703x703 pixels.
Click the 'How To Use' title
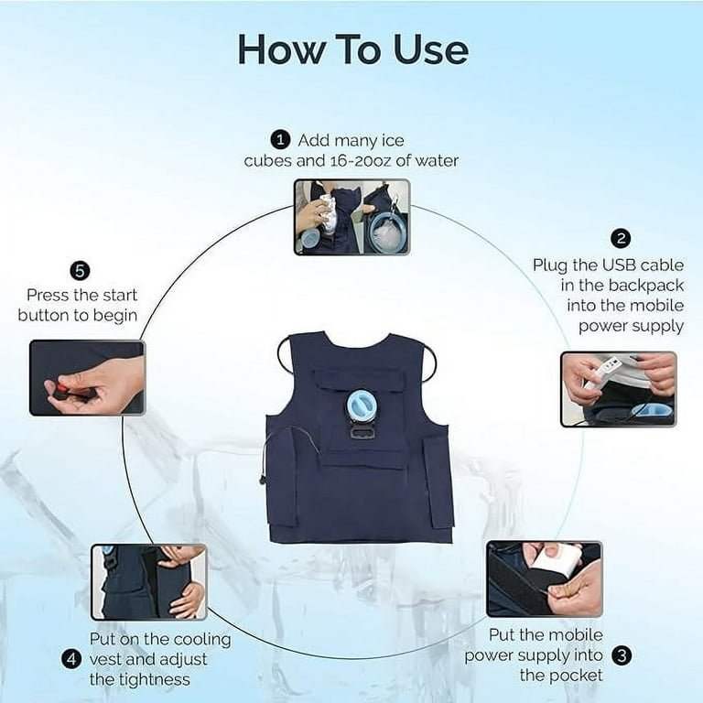(x=352, y=49)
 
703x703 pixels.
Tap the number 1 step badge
(x=280, y=140)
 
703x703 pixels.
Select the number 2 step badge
(x=621, y=238)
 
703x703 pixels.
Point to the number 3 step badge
(x=622, y=655)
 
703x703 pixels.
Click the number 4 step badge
(x=71, y=659)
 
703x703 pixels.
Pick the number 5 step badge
(x=80, y=271)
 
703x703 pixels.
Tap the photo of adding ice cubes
(x=351, y=217)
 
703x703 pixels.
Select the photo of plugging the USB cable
(x=618, y=389)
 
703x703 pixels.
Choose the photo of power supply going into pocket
(x=545, y=579)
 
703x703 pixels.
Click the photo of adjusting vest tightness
(x=149, y=582)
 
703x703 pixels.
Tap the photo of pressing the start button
(x=88, y=378)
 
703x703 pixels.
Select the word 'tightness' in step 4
(x=139, y=680)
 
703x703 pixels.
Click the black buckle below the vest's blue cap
(x=362, y=432)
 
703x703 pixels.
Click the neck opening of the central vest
(x=357, y=340)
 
